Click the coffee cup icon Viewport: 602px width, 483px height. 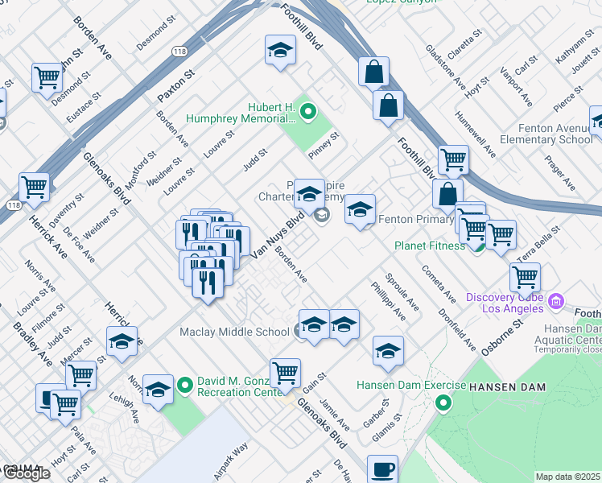[382, 468]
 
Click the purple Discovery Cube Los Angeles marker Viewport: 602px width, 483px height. [555, 302]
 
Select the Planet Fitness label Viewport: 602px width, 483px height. [429, 246]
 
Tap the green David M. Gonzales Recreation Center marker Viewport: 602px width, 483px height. [185, 386]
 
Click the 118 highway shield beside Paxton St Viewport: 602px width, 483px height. [179, 52]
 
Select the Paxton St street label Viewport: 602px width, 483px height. [176, 85]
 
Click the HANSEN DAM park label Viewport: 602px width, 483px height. [508, 387]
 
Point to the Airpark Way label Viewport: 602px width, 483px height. [230, 462]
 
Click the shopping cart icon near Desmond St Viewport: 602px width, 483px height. [47, 78]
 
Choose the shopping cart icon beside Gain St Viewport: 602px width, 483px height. [285, 373]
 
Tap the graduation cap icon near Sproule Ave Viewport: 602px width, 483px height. [388, 351]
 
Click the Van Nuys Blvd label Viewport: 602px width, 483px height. [278, 236]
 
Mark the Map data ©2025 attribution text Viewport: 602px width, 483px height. [568, 477]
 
